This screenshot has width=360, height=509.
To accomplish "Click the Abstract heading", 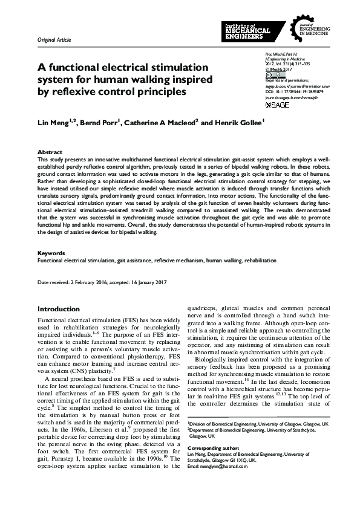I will click(50, 152).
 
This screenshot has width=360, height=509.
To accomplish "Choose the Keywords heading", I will click(52, 253).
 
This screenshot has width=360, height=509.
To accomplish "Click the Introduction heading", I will click(59, 309).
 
